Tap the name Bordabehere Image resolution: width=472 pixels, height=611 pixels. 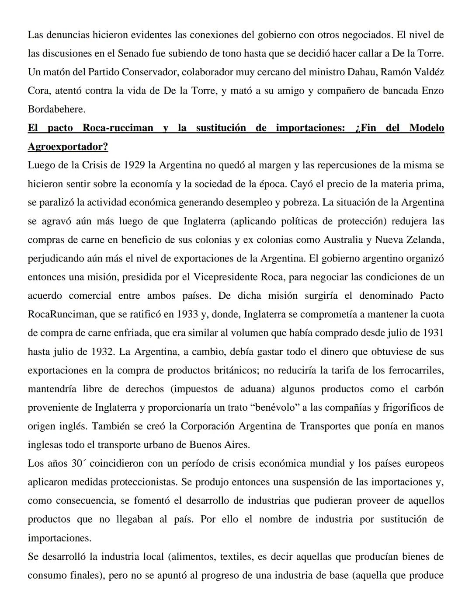56,109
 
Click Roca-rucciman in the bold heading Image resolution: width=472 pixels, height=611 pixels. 118,128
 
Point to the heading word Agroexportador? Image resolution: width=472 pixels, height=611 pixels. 68,147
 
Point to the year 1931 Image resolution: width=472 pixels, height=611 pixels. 433,333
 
